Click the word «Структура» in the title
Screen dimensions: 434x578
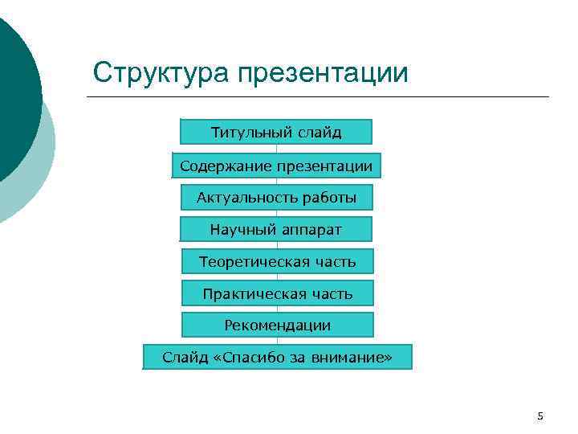[x=161, y=73]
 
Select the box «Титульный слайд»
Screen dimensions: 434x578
[x=276, y=132]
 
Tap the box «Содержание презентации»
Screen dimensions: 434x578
[x=276, y=166]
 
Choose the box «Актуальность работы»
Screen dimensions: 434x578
[x=276, y=197]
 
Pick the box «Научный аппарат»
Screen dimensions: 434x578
[x=276, y=230]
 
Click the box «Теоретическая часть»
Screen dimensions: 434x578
[x=277, y=262]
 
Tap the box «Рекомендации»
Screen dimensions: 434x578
[x=277, y=325]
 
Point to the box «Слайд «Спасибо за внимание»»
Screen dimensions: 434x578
[x=277, y=357]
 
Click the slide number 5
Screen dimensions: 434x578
[x=540, y=416]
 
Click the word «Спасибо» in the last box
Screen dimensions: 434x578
[x=249, y=357]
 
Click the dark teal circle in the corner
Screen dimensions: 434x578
[x=12, y=96]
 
